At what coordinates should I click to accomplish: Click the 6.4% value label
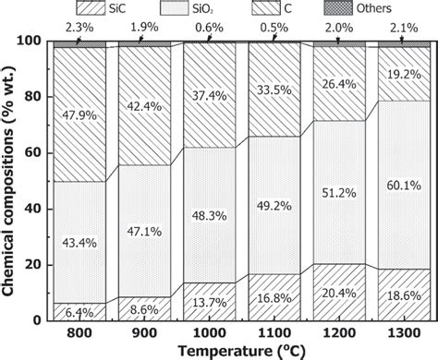coord(79,312)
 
